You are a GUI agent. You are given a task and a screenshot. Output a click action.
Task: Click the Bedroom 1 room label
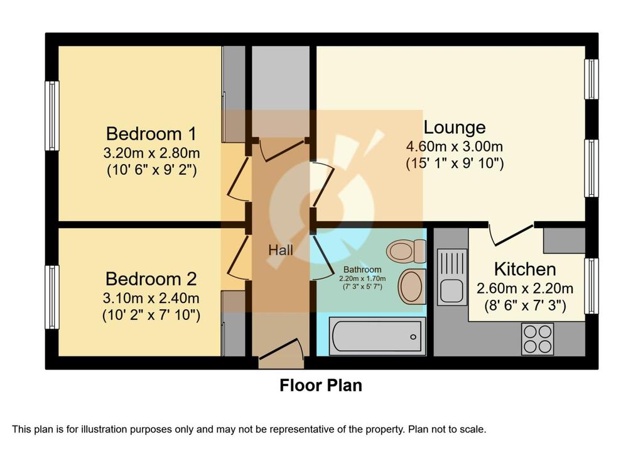(x=151, y=134)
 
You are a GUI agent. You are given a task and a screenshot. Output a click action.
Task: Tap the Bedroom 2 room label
(x=151, y=279)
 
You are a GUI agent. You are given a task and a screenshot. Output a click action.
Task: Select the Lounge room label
(x=455, y=127)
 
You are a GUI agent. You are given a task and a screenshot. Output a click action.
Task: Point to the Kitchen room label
(x=525, y=269)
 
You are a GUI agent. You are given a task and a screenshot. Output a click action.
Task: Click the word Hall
(x=281, y=250)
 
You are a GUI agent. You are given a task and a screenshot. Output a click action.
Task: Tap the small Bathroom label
(x=362, y=270)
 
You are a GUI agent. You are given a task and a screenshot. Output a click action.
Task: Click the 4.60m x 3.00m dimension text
(x=455, y=146)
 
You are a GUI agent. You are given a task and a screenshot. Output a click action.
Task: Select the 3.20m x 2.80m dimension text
(x=151, y=153)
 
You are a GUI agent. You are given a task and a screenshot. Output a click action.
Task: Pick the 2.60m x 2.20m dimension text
(x=525, y=289)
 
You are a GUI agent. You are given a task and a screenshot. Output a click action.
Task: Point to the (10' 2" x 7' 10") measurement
(x=151, y=316)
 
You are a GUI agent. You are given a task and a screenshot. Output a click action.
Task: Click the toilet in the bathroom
(x=406, y=251)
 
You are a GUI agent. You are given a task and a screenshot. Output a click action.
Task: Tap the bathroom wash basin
(x=412, y=287)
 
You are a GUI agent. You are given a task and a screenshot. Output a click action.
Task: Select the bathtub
(x=377, y=336)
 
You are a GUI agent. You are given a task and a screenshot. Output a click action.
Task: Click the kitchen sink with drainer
(x=452, y=277)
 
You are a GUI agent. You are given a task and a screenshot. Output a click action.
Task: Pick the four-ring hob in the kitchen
(x=538, y=339)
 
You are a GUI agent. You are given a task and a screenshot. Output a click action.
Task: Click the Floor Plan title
(x=321, y=385)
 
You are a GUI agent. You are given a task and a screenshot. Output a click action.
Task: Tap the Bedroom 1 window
(x=52, y=116)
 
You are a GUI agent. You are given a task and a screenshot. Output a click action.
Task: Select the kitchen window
(x=591, y=286)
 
